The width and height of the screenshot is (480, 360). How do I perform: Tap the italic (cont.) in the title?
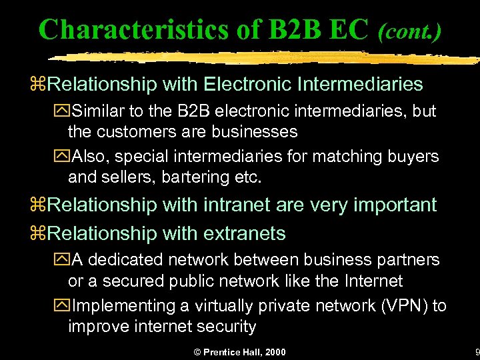[409, 31]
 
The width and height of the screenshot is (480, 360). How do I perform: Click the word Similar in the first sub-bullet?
[99, 111]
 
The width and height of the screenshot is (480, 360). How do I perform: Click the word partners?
[407, 259]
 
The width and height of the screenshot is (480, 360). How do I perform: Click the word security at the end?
[225, 327]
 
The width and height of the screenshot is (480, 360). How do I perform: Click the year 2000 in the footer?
[274, 352]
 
